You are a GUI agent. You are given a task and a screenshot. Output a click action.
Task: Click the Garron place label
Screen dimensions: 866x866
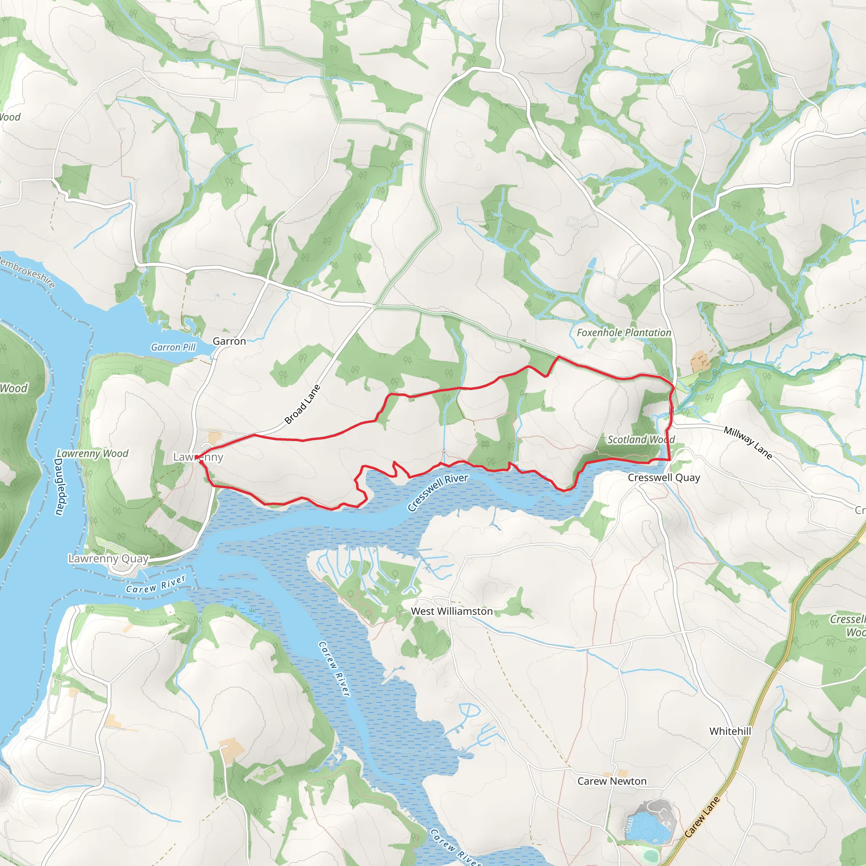[229, 341]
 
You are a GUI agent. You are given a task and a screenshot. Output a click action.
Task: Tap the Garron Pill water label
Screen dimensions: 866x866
[173, 348]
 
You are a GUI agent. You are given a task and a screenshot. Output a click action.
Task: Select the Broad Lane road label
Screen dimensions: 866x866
[303, 404]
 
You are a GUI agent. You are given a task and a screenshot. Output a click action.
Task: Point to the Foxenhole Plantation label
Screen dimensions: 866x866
[624, 333]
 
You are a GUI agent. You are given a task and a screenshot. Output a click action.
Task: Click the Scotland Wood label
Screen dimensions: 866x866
[641, 440]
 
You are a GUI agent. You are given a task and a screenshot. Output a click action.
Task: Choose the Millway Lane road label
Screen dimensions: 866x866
[748, 443]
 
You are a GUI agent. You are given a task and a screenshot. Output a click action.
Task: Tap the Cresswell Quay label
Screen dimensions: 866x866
[663, 478]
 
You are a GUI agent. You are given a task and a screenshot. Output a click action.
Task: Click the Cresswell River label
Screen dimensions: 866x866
[438, 493]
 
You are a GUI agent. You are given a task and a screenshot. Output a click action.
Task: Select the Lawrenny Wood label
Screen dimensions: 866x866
[92, 454]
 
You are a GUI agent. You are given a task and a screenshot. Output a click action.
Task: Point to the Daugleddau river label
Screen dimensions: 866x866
[60, 487]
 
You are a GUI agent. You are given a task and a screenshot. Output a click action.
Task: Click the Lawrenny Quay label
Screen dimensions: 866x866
[109, 559]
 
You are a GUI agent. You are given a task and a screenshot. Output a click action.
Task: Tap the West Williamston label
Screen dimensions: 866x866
[452, 611]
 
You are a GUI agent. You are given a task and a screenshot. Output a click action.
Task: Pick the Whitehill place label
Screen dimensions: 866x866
[730, 731]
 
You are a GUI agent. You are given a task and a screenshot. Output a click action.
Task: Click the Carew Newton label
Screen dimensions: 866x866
[612, 781]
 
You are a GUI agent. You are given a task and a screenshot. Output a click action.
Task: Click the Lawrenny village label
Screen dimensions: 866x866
[198, 457]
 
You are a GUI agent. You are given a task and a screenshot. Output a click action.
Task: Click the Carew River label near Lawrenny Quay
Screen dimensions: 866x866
[156, 584]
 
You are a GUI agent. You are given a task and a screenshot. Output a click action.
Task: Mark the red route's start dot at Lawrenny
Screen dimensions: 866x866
[197, 457]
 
